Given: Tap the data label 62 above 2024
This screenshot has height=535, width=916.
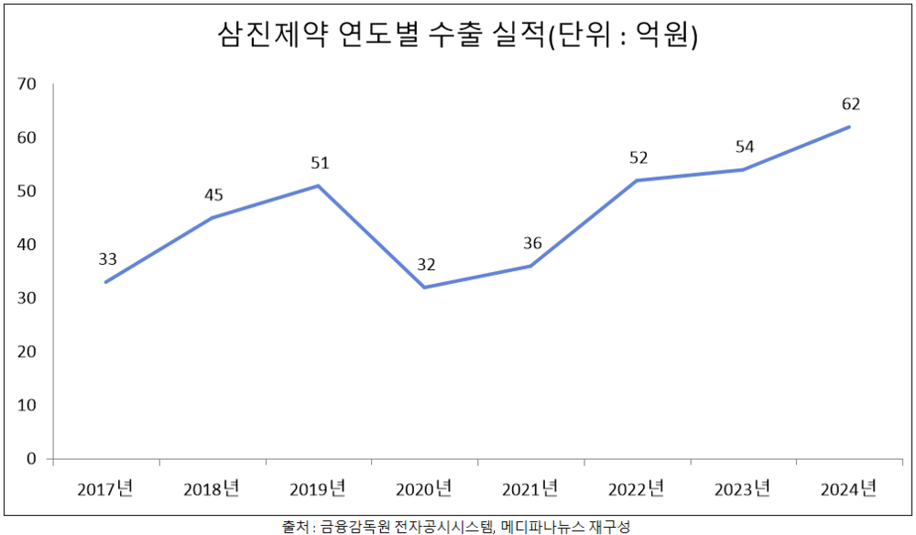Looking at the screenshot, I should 851,104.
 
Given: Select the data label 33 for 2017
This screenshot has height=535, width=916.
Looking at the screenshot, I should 107,259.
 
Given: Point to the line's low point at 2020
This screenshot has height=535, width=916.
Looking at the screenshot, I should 425,288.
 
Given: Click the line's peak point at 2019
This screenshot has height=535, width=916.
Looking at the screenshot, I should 318,186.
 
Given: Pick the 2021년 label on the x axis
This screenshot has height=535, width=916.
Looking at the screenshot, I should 530,488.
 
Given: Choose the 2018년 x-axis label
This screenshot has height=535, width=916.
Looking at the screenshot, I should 211,488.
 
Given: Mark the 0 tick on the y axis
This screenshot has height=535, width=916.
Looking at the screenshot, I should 30,458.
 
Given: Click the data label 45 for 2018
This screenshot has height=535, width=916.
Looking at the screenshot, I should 213,194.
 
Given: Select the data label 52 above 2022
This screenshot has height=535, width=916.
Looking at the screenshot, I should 638,158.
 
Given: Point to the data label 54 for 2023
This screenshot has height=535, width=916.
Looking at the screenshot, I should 745,147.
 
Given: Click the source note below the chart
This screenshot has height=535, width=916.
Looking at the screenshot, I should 456,527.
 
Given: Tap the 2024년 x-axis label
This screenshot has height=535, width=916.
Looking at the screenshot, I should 850,488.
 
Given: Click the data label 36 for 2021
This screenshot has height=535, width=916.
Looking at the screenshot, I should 532,243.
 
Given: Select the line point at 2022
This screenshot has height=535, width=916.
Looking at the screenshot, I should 638,180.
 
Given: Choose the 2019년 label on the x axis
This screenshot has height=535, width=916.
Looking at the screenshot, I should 318,488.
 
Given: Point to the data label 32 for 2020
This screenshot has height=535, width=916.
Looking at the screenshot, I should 426,265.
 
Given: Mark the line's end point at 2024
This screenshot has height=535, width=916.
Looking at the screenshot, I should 850,126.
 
